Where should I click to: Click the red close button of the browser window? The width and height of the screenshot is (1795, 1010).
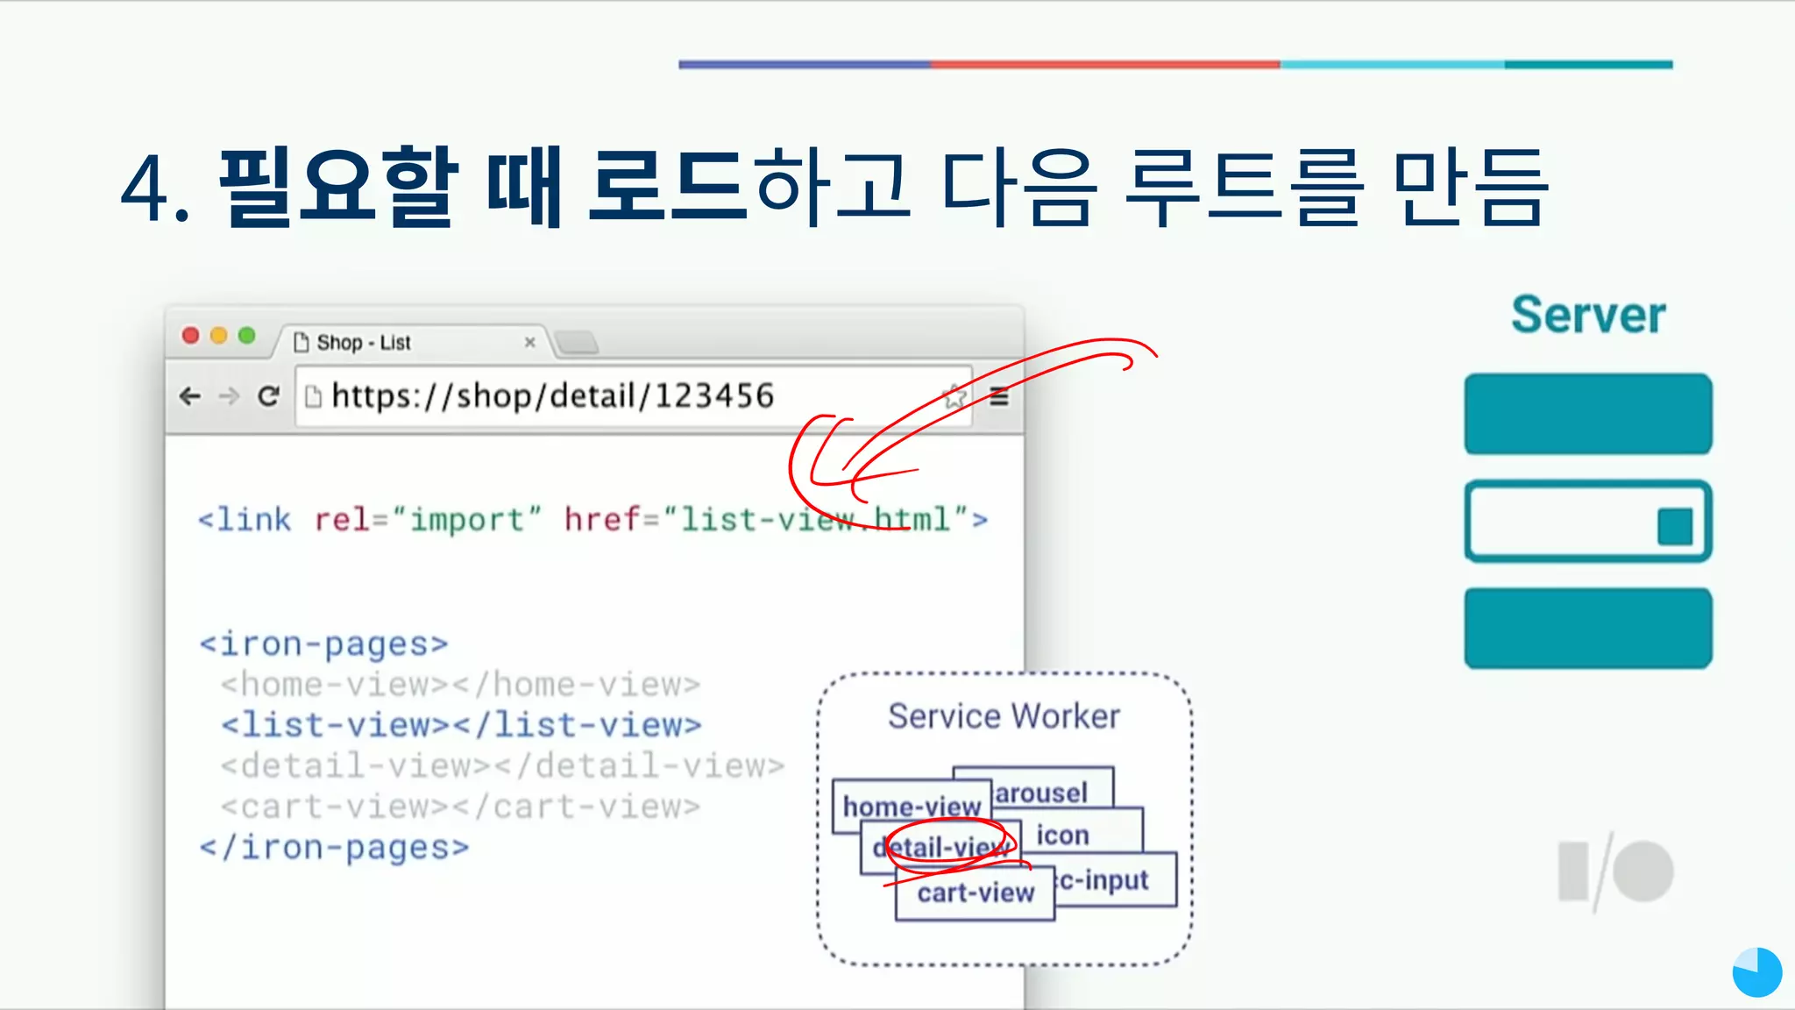pyautogui.click(x=190, y=336)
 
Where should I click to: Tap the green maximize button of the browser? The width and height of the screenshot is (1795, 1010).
pyautogui.click(x=247, y=336)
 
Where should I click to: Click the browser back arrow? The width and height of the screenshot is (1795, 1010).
pyautogui.click(x=189, y=396)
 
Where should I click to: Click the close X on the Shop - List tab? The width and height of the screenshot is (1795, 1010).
pyautogui.click(x=529, y=342)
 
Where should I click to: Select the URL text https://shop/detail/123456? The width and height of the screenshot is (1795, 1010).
pyautogui.click(x=552, y=396)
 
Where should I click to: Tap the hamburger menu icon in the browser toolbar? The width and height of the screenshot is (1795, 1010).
pyautogui.click(x=999, y=397)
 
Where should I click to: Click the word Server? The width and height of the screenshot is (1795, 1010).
pyautogui.click(x=1587, y=315)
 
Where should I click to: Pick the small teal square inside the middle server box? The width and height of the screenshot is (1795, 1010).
pyautogui.click(x=1674, y=527)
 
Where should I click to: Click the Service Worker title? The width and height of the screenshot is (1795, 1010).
pyautogui.click(x=1004, y=716)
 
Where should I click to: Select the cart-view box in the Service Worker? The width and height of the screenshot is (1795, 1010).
pyautogui.click(x=976, y=893)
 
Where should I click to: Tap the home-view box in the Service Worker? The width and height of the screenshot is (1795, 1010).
pyautogui.click(x=911, y=805)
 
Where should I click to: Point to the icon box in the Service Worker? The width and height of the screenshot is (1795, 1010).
pyautogui.click(x=1063, y=836)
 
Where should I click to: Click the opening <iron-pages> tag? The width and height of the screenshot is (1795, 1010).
pyautogui.click(x=323, y=644)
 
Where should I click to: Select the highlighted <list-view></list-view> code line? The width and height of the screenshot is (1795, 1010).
pyautogui.click(x=461, y=725)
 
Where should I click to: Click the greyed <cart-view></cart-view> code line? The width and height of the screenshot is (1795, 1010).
pyautogui.click(x=461, y=807)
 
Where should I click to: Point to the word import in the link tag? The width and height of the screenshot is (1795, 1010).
pyautogui.click(x=466, y=520)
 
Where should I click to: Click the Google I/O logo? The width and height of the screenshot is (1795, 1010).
pyautogui.click(x=1615, y=872)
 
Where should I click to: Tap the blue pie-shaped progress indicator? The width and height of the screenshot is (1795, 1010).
pyautogui.click(x=1756, y=972)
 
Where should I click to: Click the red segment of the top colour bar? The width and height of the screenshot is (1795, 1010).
pyautogui.click(x=1104, y=64)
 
